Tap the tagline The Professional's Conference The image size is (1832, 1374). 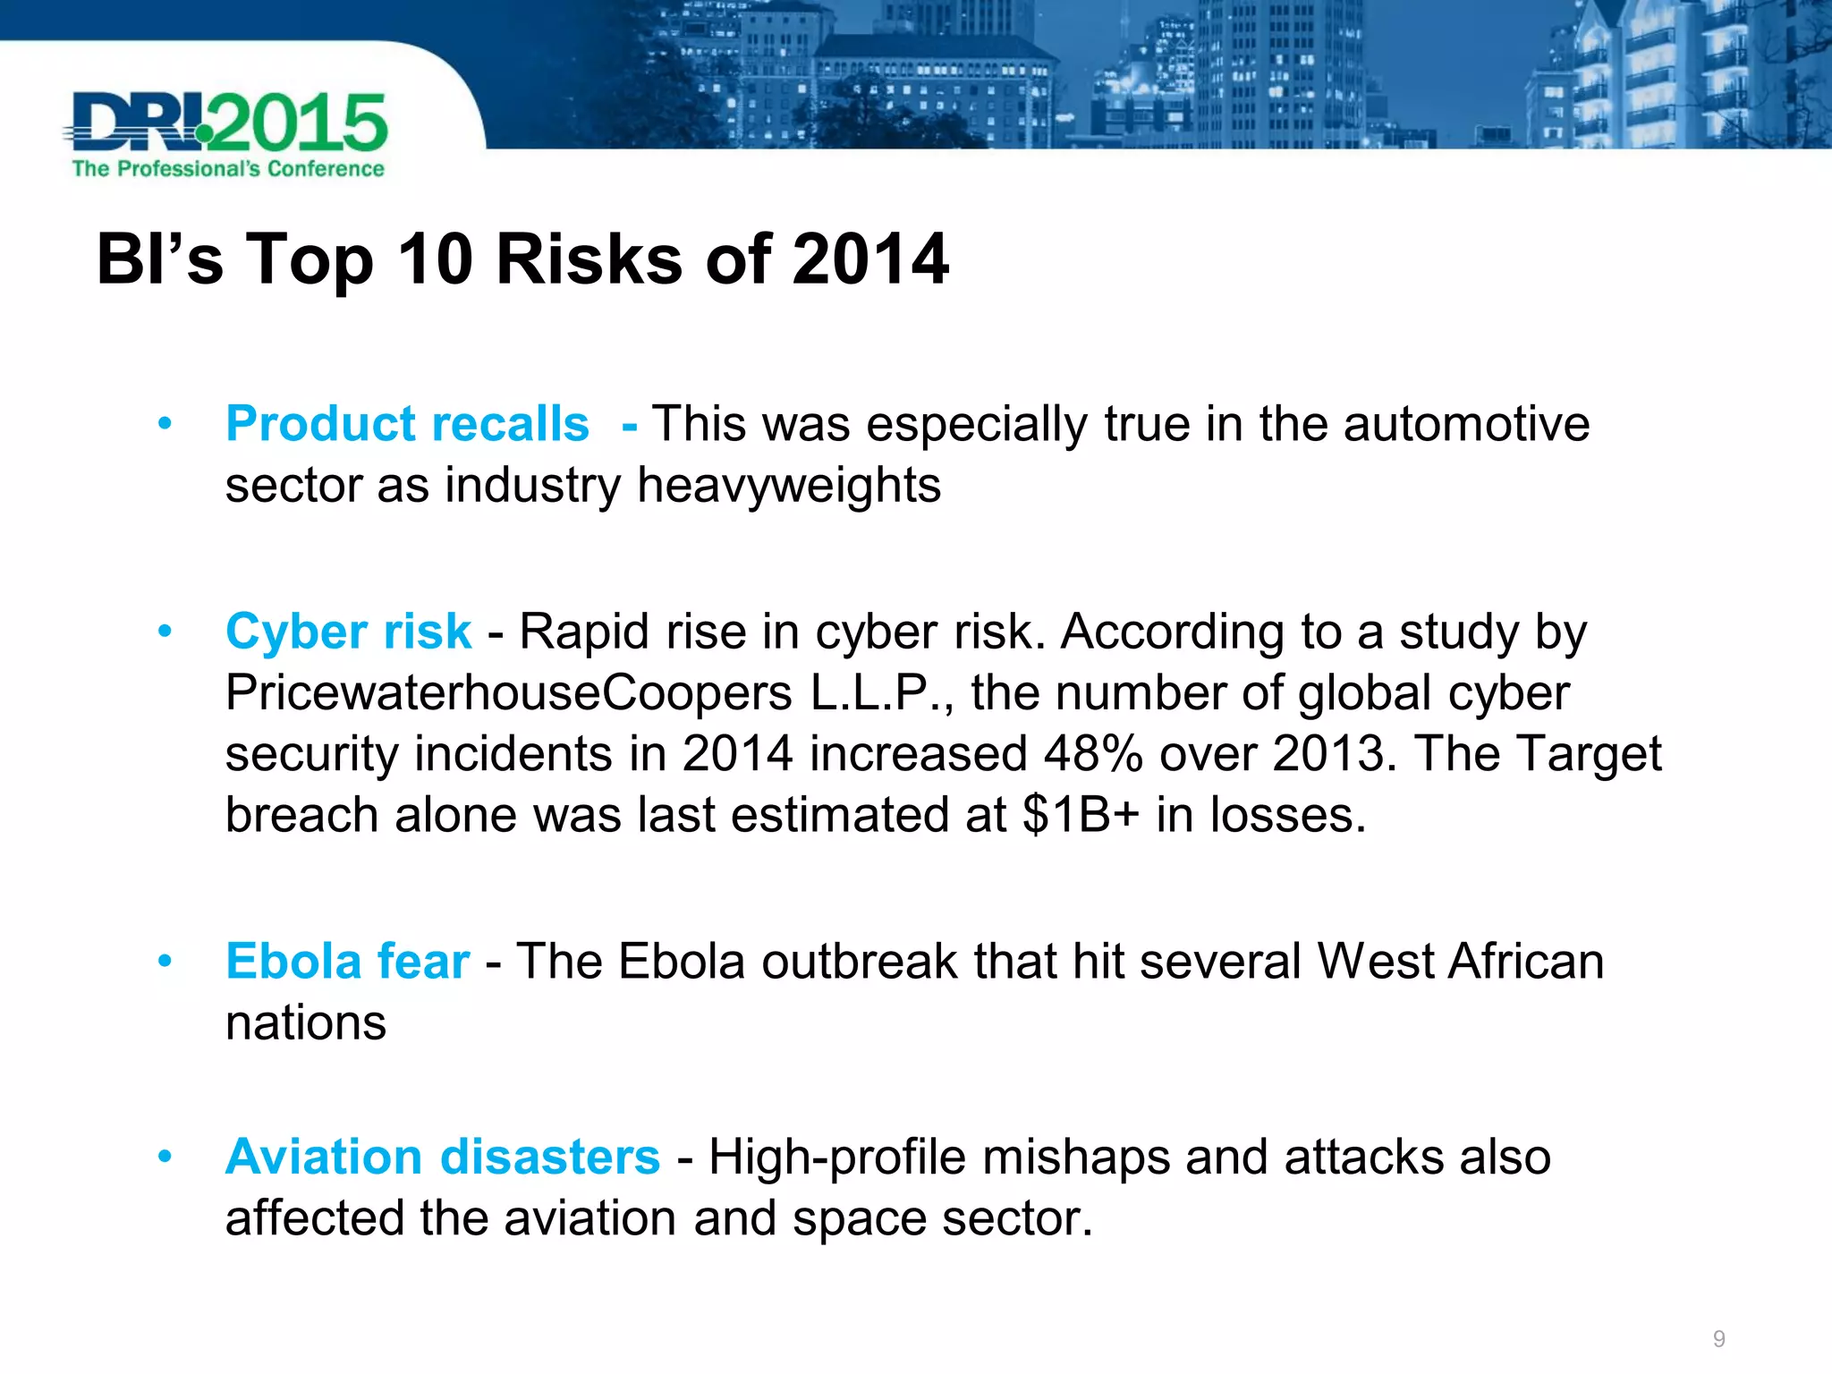[x=228, y=169]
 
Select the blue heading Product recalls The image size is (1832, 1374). [x=407, y=423]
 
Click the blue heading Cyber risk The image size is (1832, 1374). [x=348, y=632]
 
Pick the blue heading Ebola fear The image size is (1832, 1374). [x=347, y=962]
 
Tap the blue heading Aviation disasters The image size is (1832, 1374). [x=443, y=1157]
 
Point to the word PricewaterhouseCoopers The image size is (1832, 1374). [x=508, y=693]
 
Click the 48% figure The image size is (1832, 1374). [x=1093, y=754]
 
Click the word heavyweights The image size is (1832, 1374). [x=788, y=486]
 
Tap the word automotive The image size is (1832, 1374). [x=1466, y=423]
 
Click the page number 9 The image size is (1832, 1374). [x=1718, y=1339]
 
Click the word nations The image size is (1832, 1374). [x=306, y=1022]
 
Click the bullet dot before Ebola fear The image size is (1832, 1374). [x=165, y=962]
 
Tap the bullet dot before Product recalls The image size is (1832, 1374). [x=165, y=423]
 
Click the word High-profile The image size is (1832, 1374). [x=837, y=1157]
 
